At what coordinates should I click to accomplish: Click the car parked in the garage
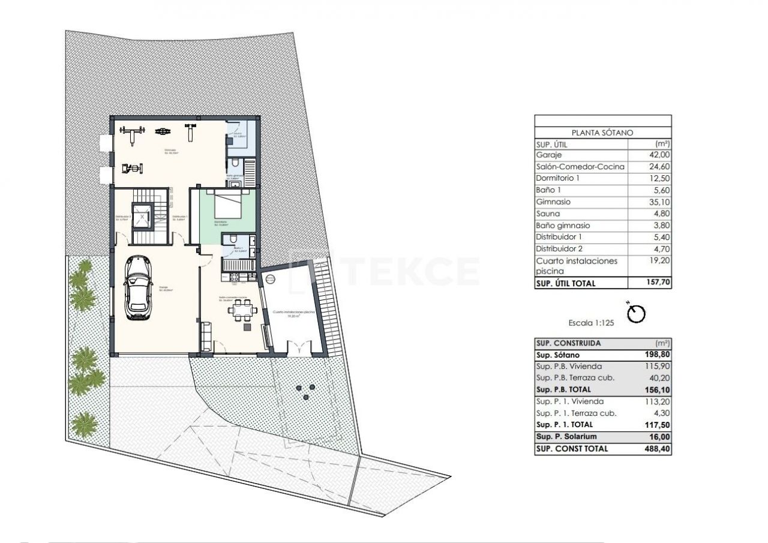138,289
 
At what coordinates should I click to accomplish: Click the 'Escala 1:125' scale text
592,323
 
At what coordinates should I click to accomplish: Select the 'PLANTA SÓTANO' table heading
602,133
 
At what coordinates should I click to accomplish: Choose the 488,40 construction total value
656,448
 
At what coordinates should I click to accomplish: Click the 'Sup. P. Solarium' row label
566,437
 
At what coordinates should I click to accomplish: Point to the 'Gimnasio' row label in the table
553,202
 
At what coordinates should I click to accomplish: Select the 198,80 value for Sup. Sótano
656,355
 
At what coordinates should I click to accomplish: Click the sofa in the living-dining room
206,335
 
